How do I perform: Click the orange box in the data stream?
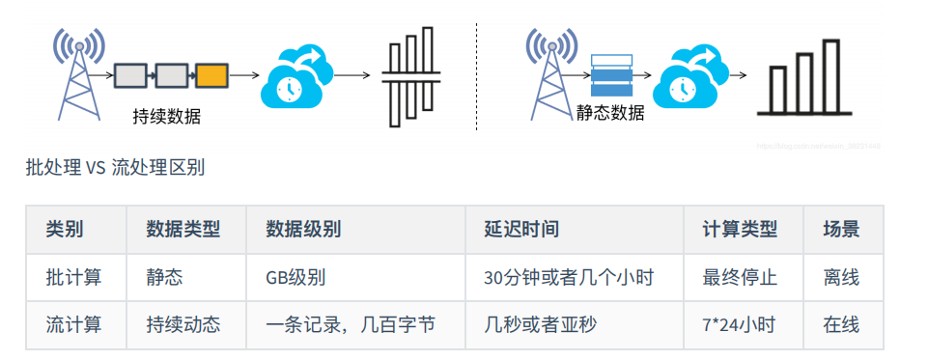pyautogui.click(x=211, y=74)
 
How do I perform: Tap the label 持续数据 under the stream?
pyautogui.click(x=167, y=117)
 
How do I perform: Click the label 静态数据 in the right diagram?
pyautogui.click(x=610, y=112)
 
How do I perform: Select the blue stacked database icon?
pyautogui.click(x=610, y=74)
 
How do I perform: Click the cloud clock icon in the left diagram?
pyautogui.click(x=295, y=77)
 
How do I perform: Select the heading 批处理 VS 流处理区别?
pyautogui.click(x=115, y=168)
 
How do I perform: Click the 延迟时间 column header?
pyautogui.click(x=521, y=230)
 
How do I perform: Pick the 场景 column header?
pyautogui.click(x=840, y=230)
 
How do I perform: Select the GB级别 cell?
pyautogui.click(x=295, y=278)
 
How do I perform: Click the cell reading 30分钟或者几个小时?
pyautogui.click(x=569, y=278)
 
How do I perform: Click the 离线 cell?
pyautogui.click(x=840, y=278)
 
